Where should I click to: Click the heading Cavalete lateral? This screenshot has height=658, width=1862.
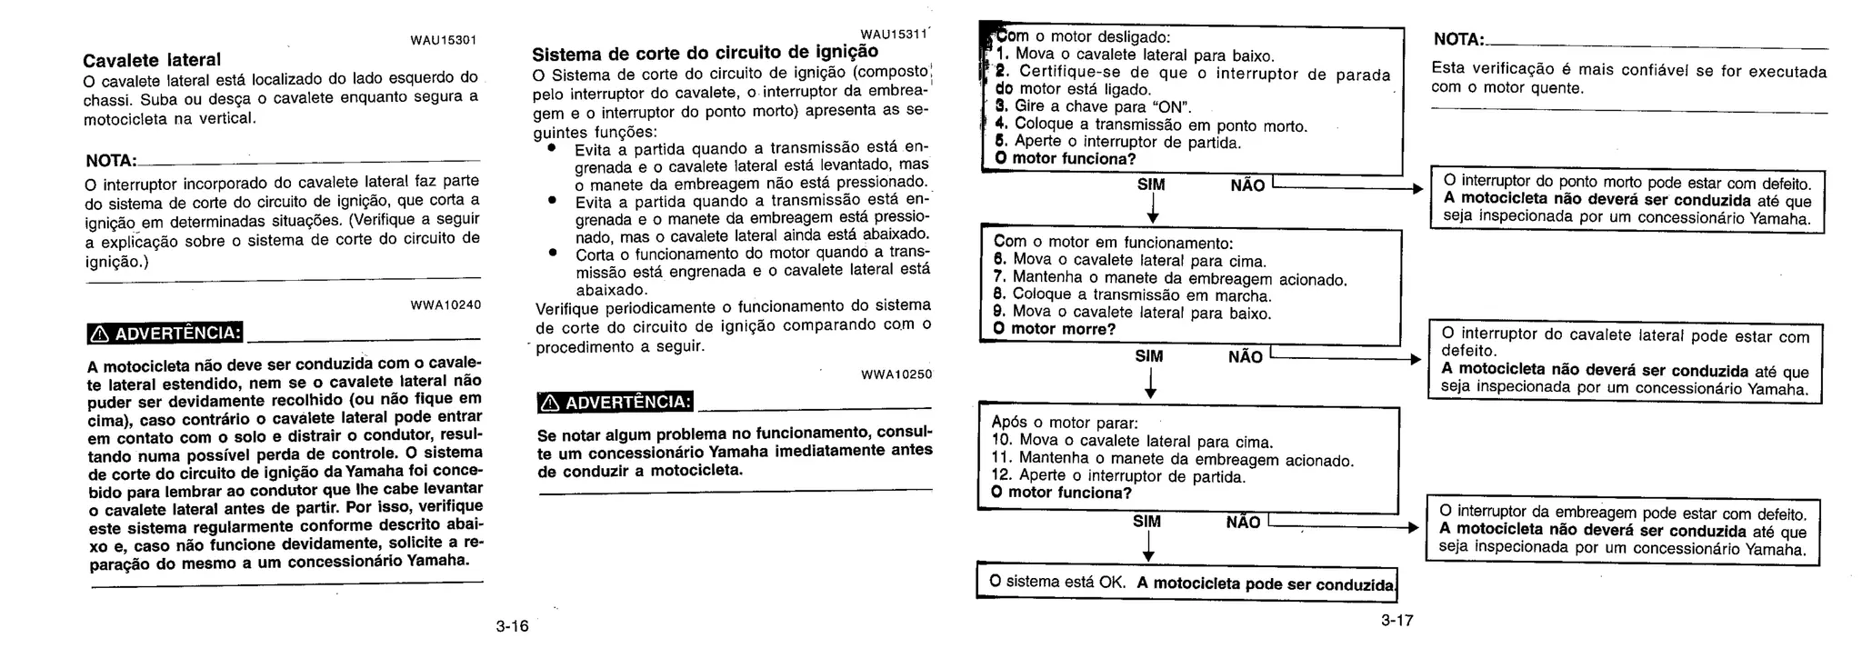tap(152, 60)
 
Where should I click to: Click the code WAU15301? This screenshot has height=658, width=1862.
tap(444, 40)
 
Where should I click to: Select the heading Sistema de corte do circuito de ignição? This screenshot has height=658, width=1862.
tap(705, 52)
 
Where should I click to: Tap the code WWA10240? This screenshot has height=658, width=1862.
tap(446, 304)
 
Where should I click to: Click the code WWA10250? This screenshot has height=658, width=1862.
tap(896, 374)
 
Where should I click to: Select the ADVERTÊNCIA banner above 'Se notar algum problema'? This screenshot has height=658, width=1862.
tap(616, 402)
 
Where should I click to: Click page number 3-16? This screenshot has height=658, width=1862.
tap(512, 626)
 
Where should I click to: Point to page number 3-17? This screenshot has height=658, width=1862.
tap(1396, 621)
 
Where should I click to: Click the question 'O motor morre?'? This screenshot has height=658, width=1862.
tap(1055, 329)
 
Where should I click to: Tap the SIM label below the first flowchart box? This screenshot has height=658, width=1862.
tap(1151, 184)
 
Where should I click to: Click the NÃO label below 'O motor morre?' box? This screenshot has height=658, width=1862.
tap(1245, 357)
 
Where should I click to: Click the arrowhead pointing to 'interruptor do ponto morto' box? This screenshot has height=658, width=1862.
tap(1417, 189)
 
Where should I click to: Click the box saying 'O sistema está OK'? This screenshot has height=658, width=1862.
tap(1186, 583)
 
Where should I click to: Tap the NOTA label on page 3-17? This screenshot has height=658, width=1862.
tap(1457, 40)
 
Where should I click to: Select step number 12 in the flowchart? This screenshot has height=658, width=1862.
tap(1001, 475)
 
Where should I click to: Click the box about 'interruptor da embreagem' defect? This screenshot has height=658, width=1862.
tap(1623, 531)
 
